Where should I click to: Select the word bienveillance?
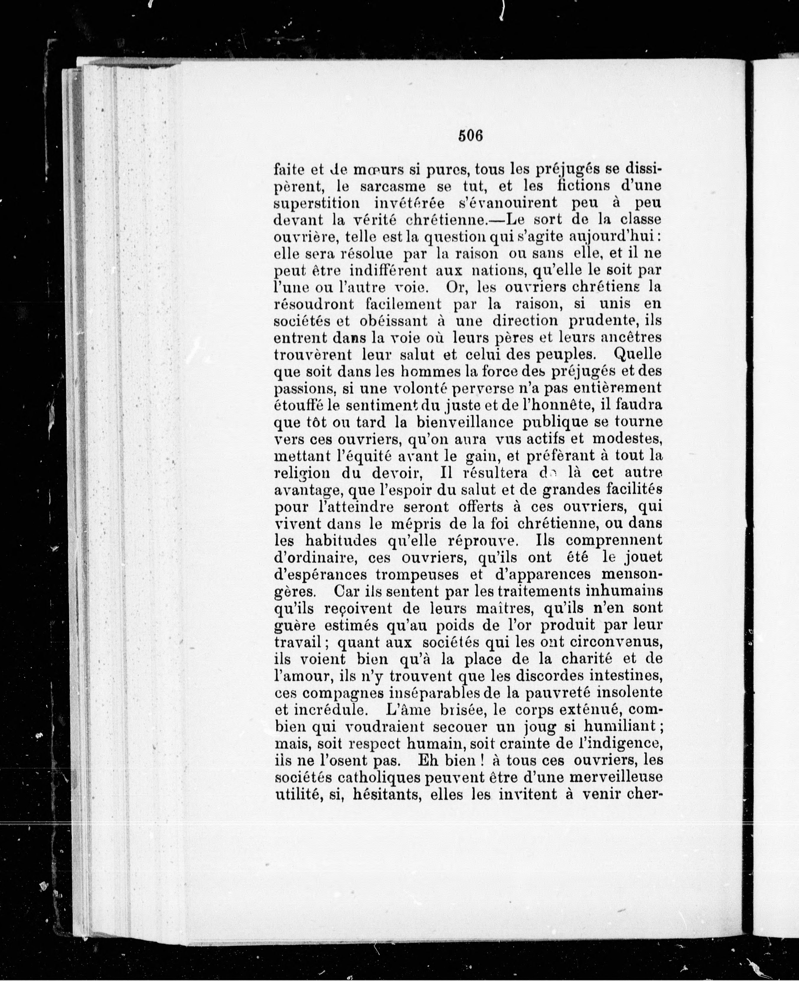pyautogui.click(x=471, y=422)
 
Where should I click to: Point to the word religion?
pyautogui.click(x=301, y=473)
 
